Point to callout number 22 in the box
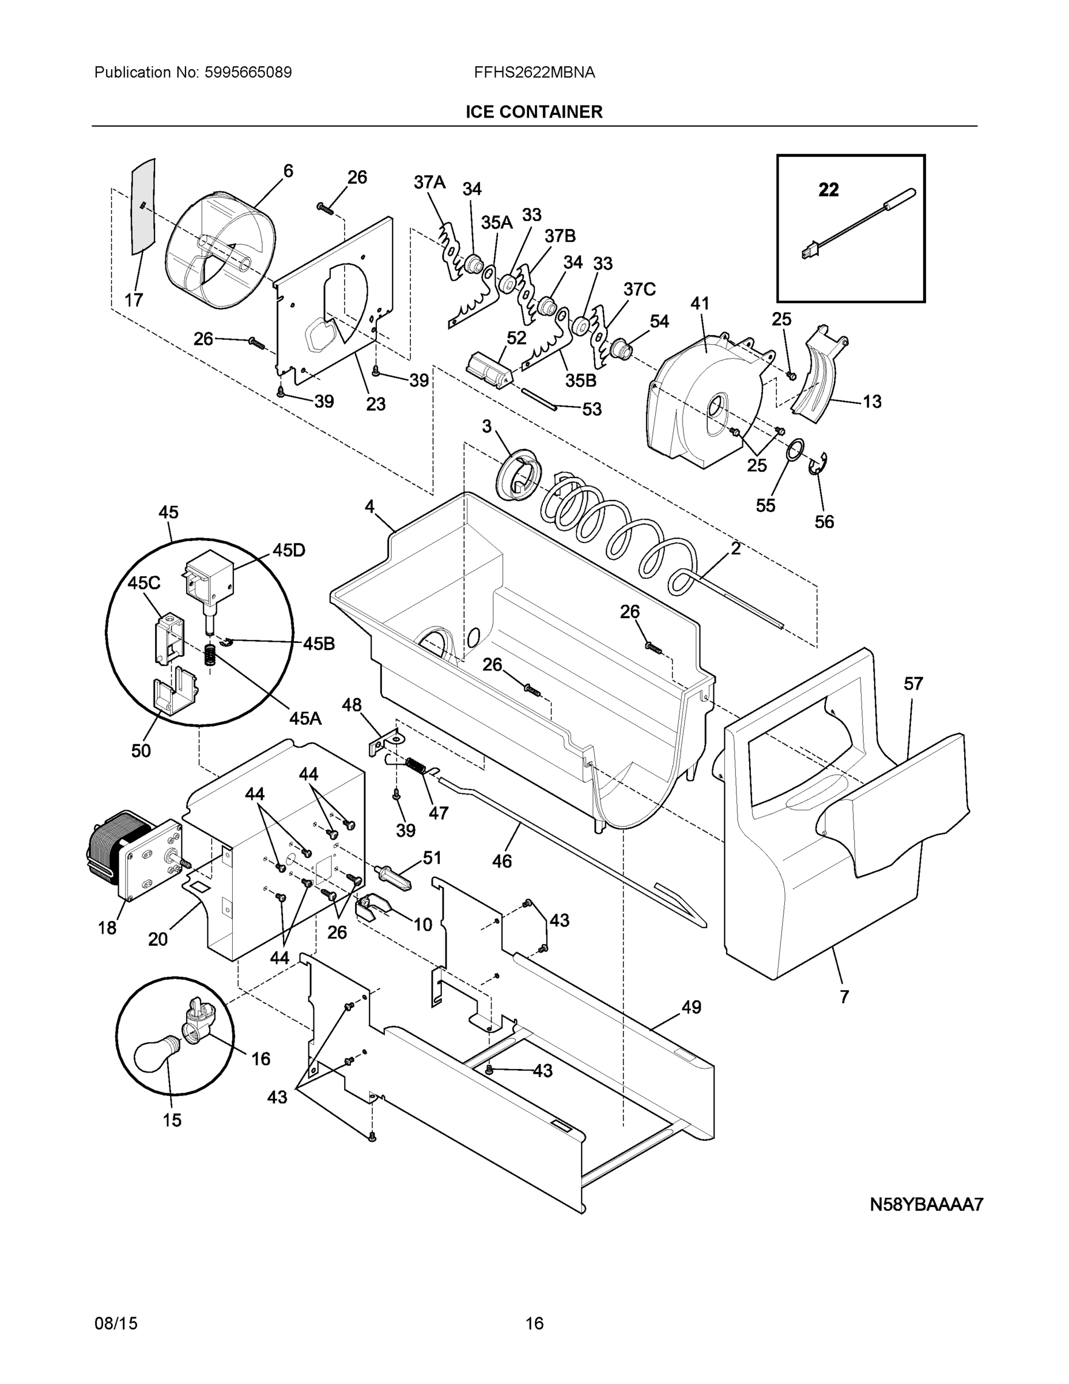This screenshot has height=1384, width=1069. pyautogui.click(x=828, y=190)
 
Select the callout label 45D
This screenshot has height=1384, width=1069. pyautogui.click(x=289, y=550)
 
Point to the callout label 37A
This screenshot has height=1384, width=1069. pyautogui.click(x=429, y=182)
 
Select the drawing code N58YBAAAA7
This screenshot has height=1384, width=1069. pyautogui.click(x=926, y=1204)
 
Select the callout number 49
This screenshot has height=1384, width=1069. pyautogui.click(x=692, y=1007)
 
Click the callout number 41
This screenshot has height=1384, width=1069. pyautogui.click(x=700, y=303)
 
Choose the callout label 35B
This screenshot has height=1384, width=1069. pyautogui.click(x=581, y=380)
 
